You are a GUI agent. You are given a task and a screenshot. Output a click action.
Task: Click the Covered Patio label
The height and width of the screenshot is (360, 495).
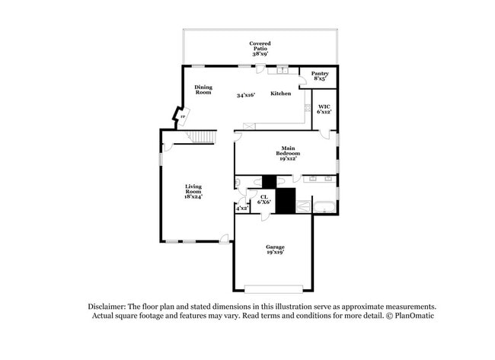tap(260, 49)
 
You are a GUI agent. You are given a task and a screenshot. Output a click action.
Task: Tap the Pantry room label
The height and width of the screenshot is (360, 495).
tap(320, 76)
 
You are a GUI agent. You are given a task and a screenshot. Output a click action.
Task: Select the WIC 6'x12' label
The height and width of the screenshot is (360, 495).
tap(324, 109)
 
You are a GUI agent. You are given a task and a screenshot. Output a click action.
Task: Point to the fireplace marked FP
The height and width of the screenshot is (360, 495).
tap(183, 116)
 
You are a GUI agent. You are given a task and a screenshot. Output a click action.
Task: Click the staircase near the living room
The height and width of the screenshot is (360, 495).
tap(201, 137)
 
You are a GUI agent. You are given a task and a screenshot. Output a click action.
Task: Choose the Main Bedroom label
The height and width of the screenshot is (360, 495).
tap(288, 153)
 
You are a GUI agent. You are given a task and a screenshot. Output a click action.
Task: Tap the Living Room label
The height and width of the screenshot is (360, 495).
tap(193, 192)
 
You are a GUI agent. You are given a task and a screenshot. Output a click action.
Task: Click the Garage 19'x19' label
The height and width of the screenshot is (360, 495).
tap(275, 250)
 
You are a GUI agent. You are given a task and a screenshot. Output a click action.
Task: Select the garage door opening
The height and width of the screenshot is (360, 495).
tap(273, 289)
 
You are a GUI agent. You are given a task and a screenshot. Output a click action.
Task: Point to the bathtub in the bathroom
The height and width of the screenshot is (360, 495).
tap(324, 208)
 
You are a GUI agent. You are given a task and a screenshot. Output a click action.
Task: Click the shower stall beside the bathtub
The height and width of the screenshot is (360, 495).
tap(303, 207)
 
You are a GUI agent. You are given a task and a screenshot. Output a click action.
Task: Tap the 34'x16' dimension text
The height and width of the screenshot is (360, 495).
tap(246, 95)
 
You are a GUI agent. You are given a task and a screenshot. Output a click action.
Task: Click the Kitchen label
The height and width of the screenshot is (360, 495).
tap(281, 94)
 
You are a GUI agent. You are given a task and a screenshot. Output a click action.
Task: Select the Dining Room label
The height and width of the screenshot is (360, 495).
tap(203, 90)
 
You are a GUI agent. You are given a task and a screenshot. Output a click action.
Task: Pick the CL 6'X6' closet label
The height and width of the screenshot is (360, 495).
tap(264, 199)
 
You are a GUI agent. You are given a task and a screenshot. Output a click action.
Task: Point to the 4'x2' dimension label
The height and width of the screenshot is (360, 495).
tap(242, 209)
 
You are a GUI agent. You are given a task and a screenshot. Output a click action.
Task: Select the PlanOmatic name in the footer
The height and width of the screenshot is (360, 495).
tap(414, 316)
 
